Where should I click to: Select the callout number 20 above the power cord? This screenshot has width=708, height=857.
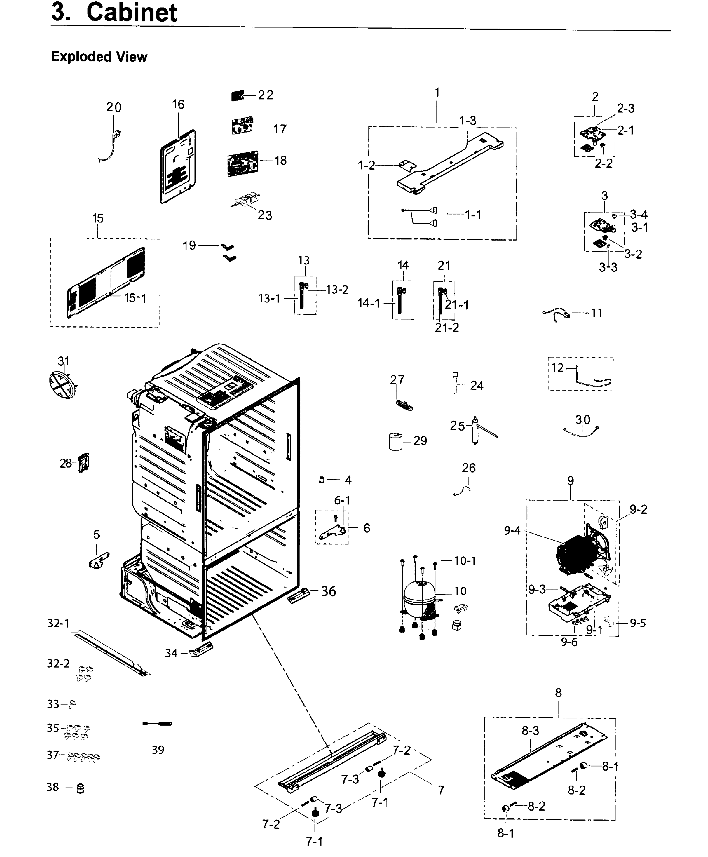click(114, 107)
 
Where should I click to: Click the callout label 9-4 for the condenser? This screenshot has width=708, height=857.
click(512, 530)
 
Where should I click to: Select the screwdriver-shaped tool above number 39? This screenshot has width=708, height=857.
click(158, 724)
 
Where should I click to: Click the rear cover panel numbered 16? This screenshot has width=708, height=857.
click(178, 167)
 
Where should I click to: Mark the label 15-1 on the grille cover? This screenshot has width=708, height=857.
click(135, 298)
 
